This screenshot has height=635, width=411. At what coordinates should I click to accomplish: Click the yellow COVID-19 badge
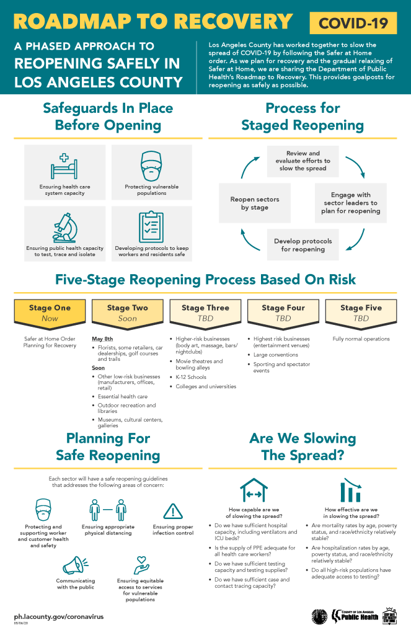[353, 24]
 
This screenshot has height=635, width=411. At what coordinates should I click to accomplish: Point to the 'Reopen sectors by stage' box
[255, 203]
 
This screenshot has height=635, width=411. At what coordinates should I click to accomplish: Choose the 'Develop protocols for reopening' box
[303, 244]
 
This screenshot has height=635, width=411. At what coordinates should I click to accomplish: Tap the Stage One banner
[50, 313]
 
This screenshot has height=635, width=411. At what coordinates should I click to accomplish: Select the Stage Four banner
[283, 313]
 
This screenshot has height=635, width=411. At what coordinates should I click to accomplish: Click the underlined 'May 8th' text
[102, 339]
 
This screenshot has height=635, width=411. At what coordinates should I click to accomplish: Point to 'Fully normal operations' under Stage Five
[360, 339]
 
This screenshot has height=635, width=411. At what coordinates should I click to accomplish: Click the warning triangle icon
[172, 510]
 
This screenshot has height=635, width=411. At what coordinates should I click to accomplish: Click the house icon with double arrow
[254, 491]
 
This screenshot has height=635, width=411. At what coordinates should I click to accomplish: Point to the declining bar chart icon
[351, 491]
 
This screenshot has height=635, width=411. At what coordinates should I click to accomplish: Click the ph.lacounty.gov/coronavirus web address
[59, 617]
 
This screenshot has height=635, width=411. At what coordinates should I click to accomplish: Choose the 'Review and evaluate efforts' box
[303, 161]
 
